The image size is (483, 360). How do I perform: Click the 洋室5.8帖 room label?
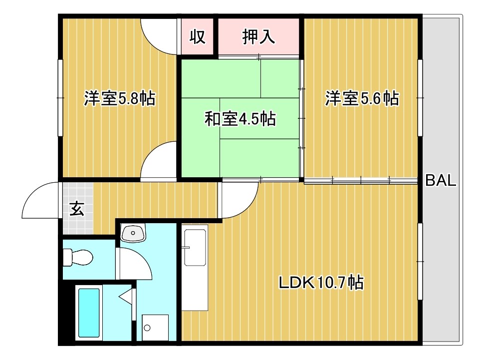119,98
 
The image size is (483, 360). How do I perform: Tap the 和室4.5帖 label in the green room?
241,119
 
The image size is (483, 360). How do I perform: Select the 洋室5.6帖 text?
362,98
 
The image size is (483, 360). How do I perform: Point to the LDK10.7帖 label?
321,283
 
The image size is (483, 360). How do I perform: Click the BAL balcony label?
441,181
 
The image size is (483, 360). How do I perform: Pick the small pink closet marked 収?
198,38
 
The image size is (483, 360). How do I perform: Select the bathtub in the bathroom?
89,313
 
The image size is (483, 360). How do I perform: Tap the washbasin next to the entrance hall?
133,232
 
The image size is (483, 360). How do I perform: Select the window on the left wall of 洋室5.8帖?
60,98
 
